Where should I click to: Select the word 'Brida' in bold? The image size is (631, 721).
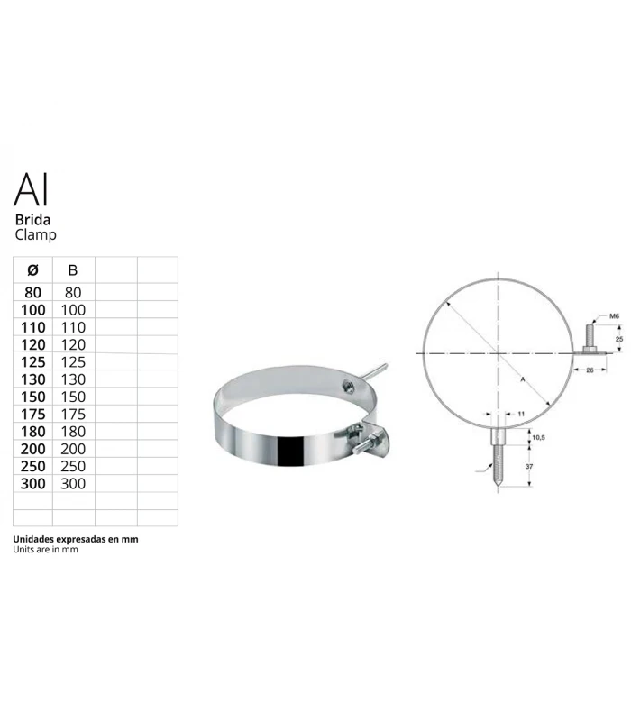(x=32, y=219)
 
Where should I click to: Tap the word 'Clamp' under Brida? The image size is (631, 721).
(x=35, y=235)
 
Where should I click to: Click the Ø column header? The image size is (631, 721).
(x=33, y=269)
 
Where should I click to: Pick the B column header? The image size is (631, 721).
(x=73, y=269)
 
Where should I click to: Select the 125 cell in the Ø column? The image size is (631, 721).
(x=32, y=361)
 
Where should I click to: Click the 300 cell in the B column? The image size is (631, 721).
(x=73, y=483)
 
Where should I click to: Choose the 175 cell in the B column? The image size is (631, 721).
(x=73, y=414)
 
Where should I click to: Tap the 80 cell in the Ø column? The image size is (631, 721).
(x=32, y=292)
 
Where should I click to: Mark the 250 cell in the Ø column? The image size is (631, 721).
(x=32, y=466)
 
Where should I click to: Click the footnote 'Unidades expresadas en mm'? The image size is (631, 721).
(x=76, y=538)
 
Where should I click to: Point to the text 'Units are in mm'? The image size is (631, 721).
(x=46, y=549)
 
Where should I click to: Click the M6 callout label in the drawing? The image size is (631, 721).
(x=613, y=316)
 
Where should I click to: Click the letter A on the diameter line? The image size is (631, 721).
(x=522, y=380)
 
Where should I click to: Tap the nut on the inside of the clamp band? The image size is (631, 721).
(x=346, y=386)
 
